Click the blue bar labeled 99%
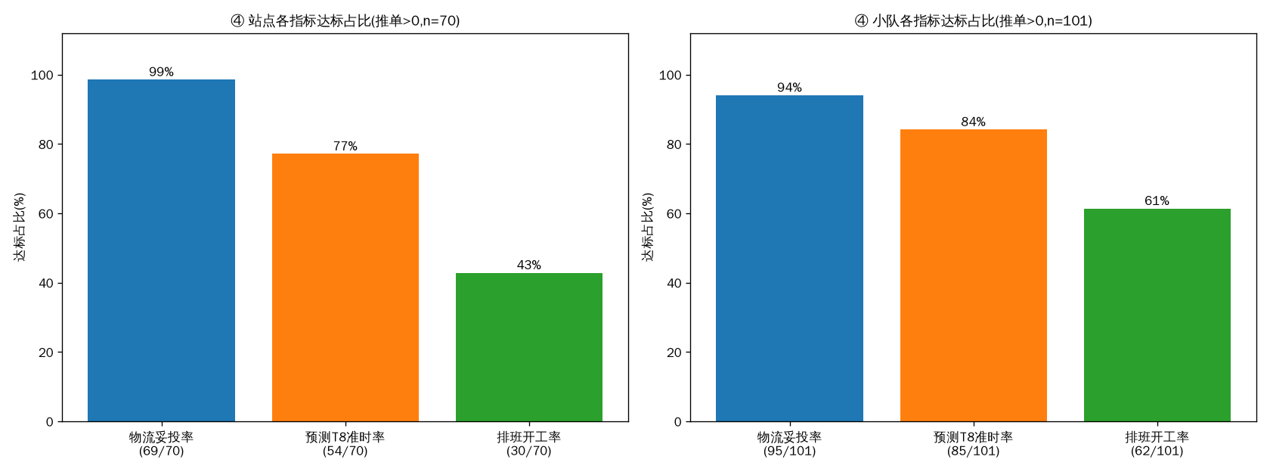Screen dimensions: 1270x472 pos(162,250)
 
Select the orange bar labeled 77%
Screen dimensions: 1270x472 pos(345,287)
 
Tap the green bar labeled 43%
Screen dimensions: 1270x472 pos(529,347)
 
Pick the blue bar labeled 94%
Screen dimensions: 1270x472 pos(789,258)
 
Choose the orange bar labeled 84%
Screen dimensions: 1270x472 pos(974,275)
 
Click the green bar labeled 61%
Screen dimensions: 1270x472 pos(1157,315)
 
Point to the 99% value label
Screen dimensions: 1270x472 pos(162,72)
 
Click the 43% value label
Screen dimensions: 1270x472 pos(529,265)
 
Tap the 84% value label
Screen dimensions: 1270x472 pos(974,122)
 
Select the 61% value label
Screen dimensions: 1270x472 pos(1157,201)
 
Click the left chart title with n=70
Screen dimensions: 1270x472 pos(345,21)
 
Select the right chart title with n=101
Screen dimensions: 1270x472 pos(974,21)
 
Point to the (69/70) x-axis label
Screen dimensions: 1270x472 pos(162,452)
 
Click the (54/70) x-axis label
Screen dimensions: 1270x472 pos(345,452)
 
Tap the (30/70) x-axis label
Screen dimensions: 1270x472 pos(529,452)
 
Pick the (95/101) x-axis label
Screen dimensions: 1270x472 pos(789,452)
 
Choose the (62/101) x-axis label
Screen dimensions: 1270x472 pos(1157,452)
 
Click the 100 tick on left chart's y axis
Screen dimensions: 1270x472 pos(42,76)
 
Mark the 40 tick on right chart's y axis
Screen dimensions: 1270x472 pos(674,283)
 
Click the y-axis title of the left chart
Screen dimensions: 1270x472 pos(20,228)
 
